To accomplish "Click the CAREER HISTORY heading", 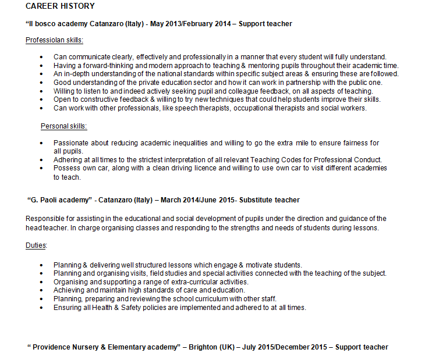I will tap(60, 6).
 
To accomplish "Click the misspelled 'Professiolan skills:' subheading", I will tap(54, 40).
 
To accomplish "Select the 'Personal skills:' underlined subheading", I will tap(63, 126).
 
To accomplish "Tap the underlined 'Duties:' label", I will tap(36, 245).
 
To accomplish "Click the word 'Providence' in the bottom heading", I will tap(51, 347).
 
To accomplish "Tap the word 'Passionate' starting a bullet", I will tap(71, 143).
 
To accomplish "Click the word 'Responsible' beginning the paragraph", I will tap(44, 219).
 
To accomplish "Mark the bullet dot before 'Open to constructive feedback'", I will tap(41, 100).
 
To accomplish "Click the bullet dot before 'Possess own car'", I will tap(41, 169).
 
